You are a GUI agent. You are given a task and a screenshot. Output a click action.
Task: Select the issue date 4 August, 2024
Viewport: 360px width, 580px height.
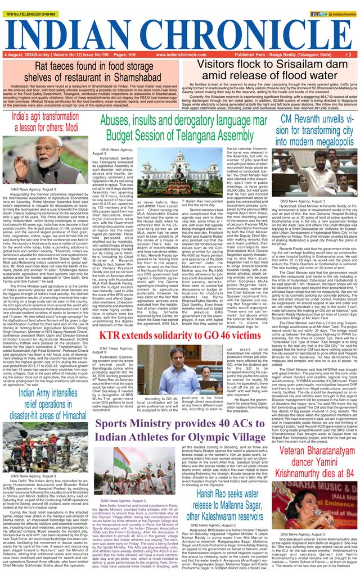point(22,55)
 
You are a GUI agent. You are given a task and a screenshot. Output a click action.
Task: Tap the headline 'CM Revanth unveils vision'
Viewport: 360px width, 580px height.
point(317,129)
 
